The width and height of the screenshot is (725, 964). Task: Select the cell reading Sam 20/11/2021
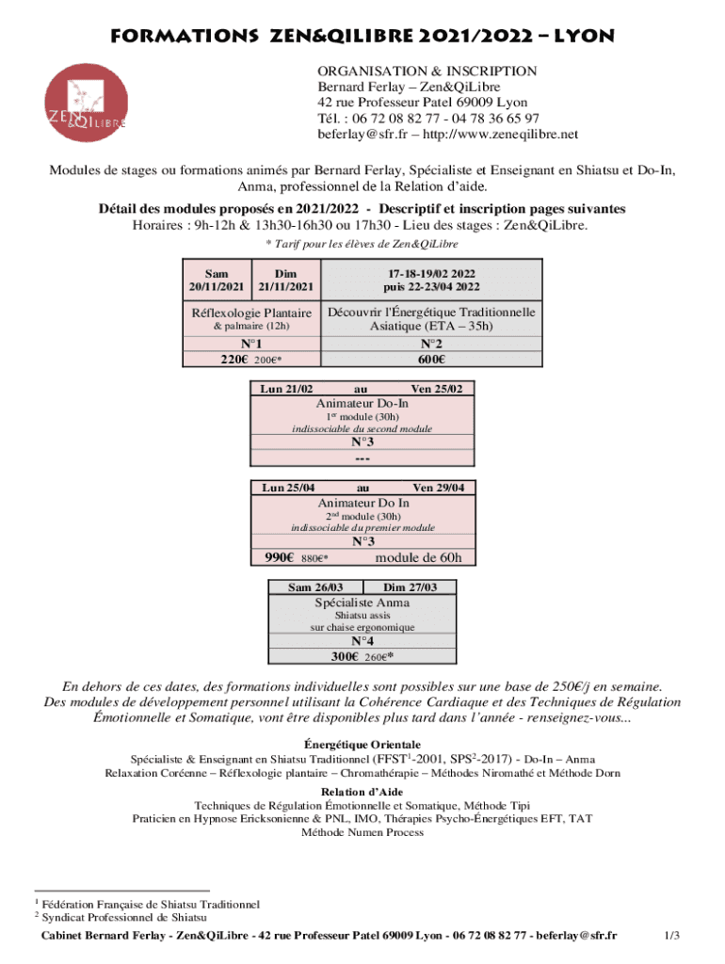pyautogui.click(x=217, y=279)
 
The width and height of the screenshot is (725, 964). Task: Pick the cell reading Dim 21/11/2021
pyautogui.click(x=285, y=279)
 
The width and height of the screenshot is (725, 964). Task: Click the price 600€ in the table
pyautogui.click(x=432, y=359)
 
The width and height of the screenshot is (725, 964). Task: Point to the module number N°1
pyautogui.click(x=250, y=344)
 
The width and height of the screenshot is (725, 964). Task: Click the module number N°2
pyautogui.click(x=432, y=344)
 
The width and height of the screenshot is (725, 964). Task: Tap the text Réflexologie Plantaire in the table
pyautogui.click(x=251, y=313)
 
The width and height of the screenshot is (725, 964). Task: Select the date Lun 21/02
pyautogui.click(x=286, y=388)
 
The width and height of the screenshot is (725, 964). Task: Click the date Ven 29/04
pyautogui.click(x=444, y=488)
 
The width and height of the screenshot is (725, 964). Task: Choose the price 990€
pyautogui.click(x=282, y=557)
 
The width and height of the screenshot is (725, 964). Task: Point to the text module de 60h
pyautogui.click(x=418, y=557)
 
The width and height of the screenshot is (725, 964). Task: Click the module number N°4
pyautogui.click(x=362, y=642)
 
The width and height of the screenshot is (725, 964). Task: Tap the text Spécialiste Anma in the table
pyautogui.click(x=362, y=602)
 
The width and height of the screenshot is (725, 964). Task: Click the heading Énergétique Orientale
pyautogui.click(x=362, y=744)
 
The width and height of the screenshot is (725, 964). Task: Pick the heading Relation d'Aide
pyautogui.click(x=362, y=792)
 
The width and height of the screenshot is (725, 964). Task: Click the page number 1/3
pyautogui.click(x=671, y=935)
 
